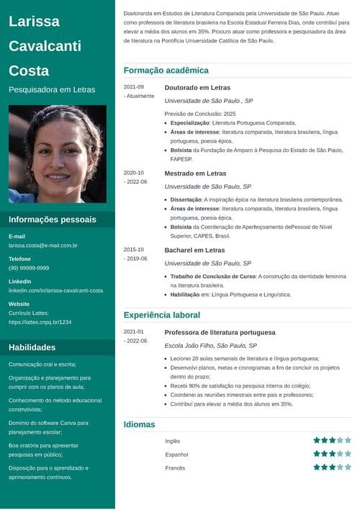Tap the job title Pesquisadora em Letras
pyautogui.click(x=52, y=90)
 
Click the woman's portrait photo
pyautogui.click(x=58, y=153)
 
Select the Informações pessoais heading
pyautogui.click(x=52, y=219)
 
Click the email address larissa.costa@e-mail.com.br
pyautogui.click(x=42, y=246)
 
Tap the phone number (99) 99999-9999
pyautogui.click(x=29, y=268)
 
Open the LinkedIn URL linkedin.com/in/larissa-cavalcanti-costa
pyautogui.click(x=55, y=290)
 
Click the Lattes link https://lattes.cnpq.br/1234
pyautogui.click(x=40, y=322)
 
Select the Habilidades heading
pyautogui.click(x=32, y=347)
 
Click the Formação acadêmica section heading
pyautogui.click(x=166, y=71)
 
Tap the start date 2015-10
pyautogui.click(x=134, y=250)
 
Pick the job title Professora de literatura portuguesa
pyautogui.click(x=220, y=332)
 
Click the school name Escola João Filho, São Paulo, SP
pyautogui.click(x=210, y=346)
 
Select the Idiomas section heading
pyautogui.click(x=140, y=424)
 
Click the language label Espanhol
pyautogui.click(x=176, y=455)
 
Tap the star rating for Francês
pyautogui.click(x=332, y=467)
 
